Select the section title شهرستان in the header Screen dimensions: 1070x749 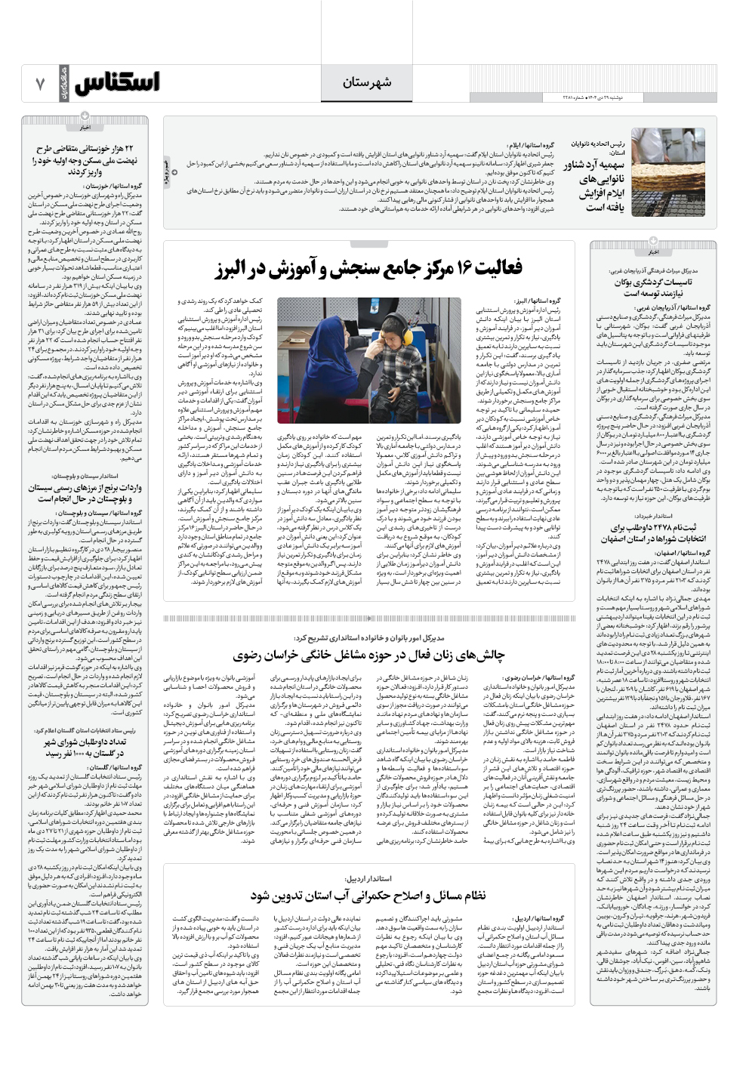(367, 82)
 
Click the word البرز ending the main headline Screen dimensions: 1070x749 (235, 269)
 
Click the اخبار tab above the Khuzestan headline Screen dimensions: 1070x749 (85, 127)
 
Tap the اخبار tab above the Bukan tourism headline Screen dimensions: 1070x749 (652, 251)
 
